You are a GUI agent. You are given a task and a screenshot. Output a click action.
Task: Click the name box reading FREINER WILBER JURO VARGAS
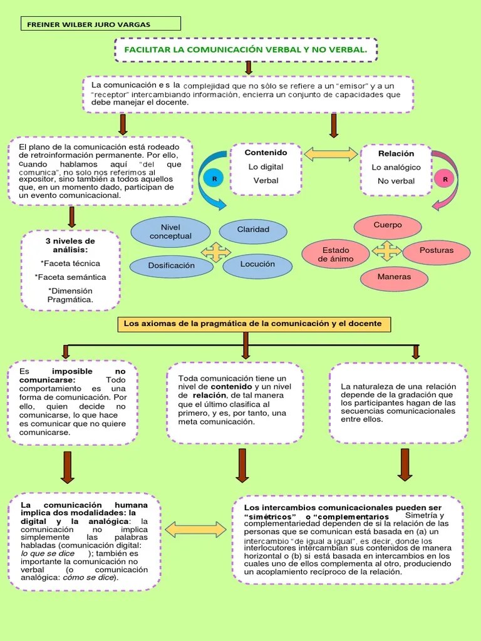coord(100,24)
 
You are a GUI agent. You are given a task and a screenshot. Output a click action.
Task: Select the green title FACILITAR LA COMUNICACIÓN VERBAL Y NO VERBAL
coord(246,49)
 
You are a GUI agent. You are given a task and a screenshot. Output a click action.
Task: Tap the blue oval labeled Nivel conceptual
coord(170,232)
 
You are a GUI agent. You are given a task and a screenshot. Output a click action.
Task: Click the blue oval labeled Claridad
coord(253,230)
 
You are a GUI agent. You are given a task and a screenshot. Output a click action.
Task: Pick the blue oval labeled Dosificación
coord(171,265)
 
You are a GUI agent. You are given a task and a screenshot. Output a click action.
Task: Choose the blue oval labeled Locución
coord(257,264)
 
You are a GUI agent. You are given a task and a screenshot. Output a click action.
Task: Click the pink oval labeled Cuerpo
coord(388,225)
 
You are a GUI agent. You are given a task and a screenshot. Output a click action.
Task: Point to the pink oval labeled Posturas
coord(437,250)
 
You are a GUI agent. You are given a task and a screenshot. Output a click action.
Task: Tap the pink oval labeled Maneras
coord(394,277)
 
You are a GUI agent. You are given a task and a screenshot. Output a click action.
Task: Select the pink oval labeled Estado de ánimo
coord(336,254)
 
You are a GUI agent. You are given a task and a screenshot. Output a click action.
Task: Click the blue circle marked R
coord(214,179)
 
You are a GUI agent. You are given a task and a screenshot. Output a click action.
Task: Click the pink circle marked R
coord(445,180)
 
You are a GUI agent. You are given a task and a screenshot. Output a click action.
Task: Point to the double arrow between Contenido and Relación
coord(331,153)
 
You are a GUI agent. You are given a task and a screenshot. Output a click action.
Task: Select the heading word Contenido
coord(266,153)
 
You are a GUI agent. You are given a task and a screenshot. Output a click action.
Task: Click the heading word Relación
coord(396,153)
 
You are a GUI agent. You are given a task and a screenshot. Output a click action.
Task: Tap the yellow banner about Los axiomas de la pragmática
coord(252,324)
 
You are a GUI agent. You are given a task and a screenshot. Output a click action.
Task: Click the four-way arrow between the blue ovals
coord(215,252)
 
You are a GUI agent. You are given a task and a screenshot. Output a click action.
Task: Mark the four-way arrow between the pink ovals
coord(386,251)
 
